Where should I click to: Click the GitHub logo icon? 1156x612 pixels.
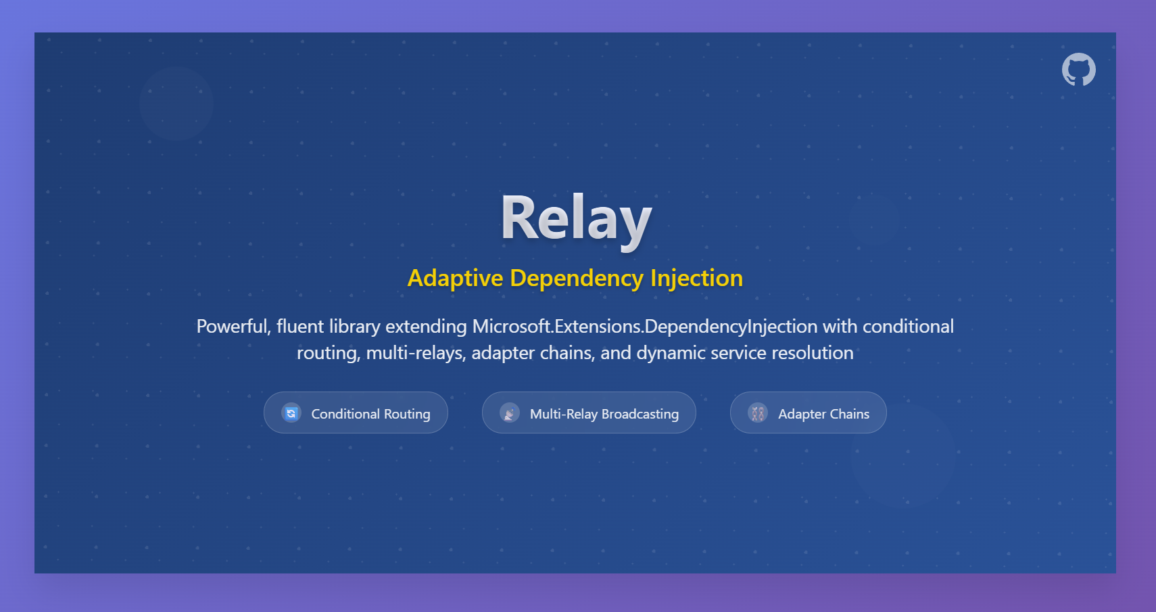tap(1078, 69)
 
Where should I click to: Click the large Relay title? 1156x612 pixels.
tap(576, 220)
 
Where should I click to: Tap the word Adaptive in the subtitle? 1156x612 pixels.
tap(455, 279)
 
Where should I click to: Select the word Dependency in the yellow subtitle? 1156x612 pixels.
tap(577, 279)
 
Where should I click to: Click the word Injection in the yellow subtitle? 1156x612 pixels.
tap(697, 279)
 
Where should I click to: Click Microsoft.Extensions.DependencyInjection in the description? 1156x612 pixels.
tap(645, 327)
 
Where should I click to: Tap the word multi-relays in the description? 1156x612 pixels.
tap(416, 353)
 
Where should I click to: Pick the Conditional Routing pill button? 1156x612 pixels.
tap(356, 413)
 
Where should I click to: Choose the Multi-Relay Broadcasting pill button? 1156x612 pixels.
tap(589, 413)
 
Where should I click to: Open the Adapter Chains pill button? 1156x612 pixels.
tap(808, 413)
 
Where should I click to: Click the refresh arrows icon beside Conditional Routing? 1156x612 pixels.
tap(291, 413)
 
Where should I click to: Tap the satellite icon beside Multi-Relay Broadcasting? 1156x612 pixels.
tap(509, 413)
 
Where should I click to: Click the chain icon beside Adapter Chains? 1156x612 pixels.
tap(758, 413)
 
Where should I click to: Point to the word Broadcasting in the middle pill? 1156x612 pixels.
tap(640, 414)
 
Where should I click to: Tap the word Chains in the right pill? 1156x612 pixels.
tap(850, 414)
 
